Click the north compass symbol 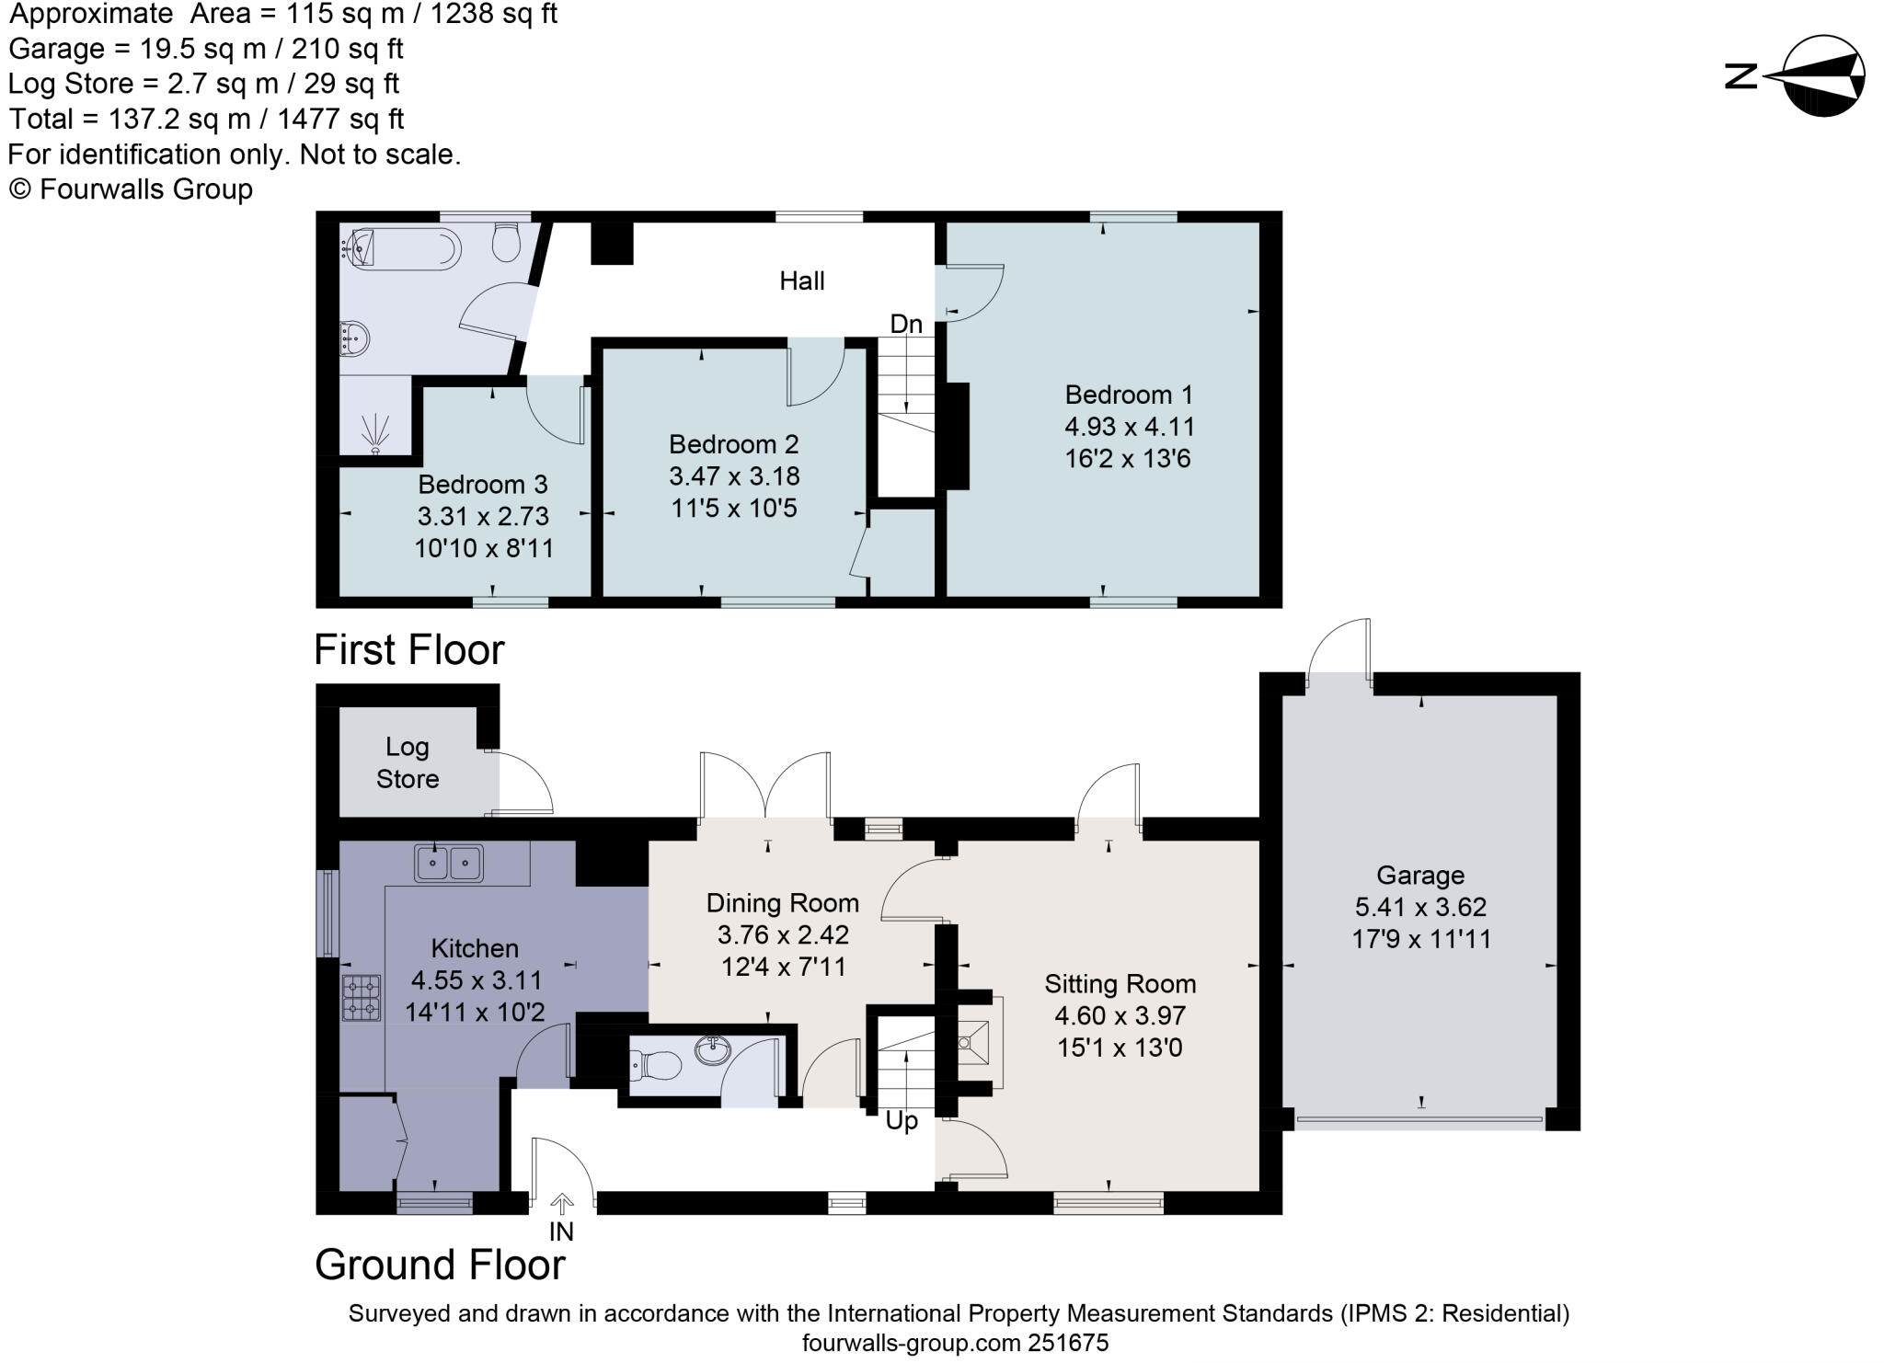[x=1822, y=75]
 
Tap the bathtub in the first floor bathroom [x=405, y=248]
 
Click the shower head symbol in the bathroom [x=375, y=432]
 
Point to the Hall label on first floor [x=801, y=281]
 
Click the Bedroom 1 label [x=1129, y=395]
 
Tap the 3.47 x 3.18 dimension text [x=734, y=475]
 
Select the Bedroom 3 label [x=482, y=484]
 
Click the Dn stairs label [x=905, y=324]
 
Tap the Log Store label [x=407, y=762]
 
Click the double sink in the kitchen [x=449, y=864]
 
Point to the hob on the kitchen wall [x=362, y=998]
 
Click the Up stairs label [x=901, y=1121]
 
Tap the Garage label [x=1419, y=875]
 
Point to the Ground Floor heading [x=440, y=1265]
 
